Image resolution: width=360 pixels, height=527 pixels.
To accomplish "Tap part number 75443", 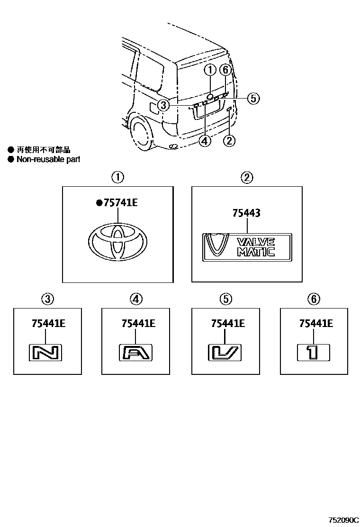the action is (x=246, y=214).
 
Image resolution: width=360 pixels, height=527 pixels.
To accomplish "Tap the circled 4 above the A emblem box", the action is (x=135, y=299).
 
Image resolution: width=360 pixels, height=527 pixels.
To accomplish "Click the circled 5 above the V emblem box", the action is (x=225, y=299).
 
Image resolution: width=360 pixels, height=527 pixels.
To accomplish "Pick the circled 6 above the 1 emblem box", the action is (x=313, y=299).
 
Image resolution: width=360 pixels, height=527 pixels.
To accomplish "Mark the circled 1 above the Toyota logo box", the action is (x=117, y=178).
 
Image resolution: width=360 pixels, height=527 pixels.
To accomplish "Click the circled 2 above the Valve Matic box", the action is (x=246, y=178).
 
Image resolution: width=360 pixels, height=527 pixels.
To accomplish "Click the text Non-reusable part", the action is (x=48, y=159).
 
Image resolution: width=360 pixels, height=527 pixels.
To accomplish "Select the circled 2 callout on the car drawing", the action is (x=229, y=140).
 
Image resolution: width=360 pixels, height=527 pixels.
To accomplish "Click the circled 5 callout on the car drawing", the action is (x=253, y=98).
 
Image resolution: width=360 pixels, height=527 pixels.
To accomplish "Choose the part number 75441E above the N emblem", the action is (x=48, y=324).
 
